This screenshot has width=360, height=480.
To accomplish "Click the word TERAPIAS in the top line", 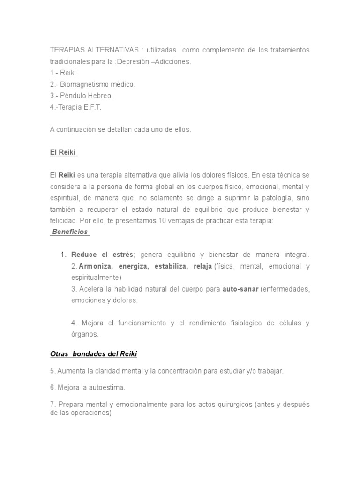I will (x=66, y=50).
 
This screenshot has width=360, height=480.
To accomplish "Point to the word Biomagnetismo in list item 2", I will (x=83, y=84).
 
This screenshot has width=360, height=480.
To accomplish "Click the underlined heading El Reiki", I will (x=63, y=152).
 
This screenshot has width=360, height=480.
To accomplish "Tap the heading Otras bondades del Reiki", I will (x=93, y=353).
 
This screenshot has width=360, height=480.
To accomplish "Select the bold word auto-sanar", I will (x=240, y=289).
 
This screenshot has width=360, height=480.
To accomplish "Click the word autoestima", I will (x=109, y=388).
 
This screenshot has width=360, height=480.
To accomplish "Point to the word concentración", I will (x=180, y=371).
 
